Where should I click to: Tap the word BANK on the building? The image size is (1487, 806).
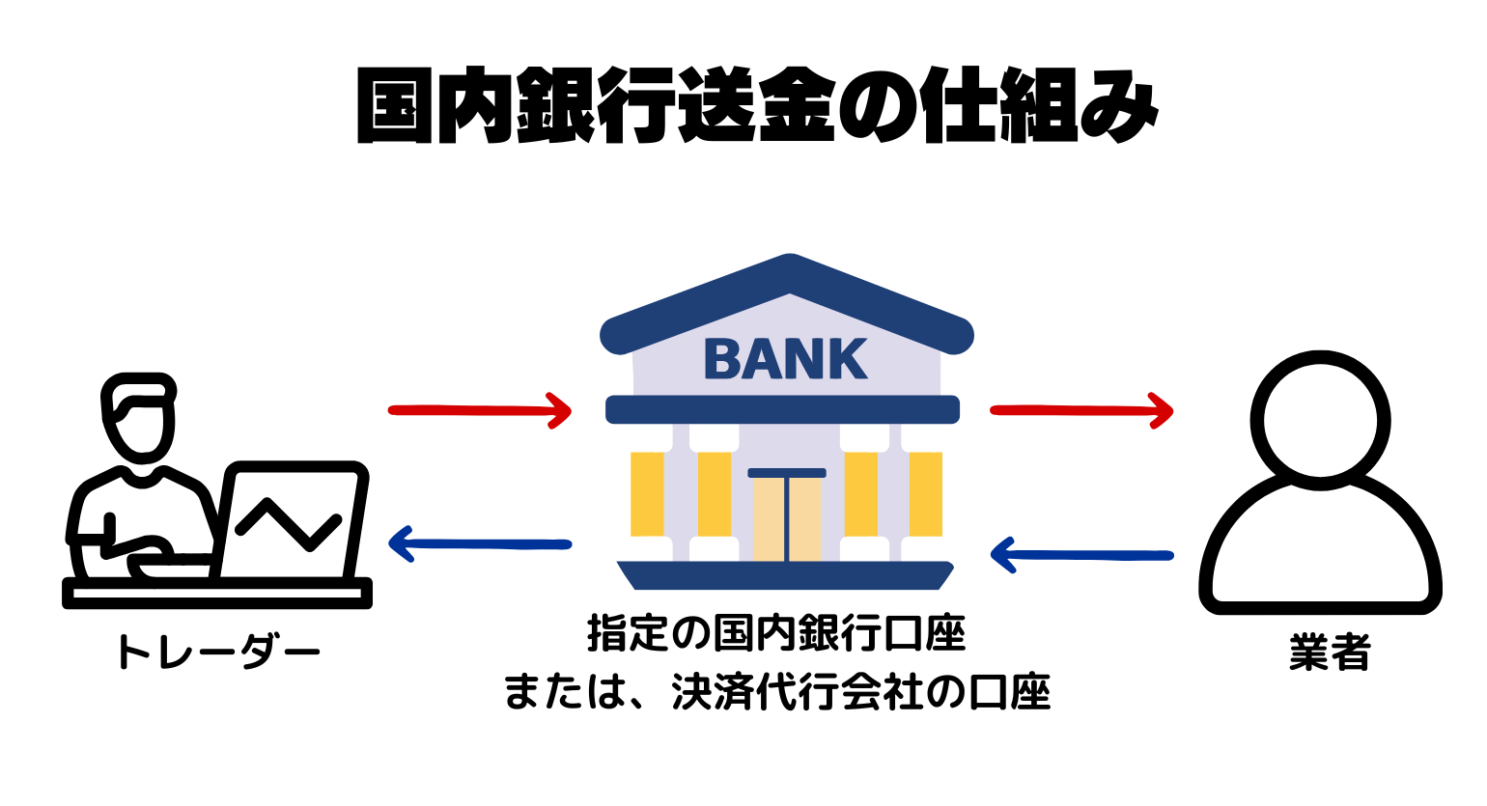pyautogui.click(x=786, y=359)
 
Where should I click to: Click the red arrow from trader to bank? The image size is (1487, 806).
pyautogui.click(x=480, y=410)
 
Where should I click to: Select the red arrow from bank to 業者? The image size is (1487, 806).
pyautogui.click(x=1081, y=410)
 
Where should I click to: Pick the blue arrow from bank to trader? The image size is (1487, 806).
pyautogui.click(x=480, y=544)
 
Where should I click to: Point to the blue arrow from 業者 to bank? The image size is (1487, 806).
pyautogui.click(x=1081, y=555)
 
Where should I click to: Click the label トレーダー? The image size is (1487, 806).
pyautogui.click(x=217, y=653)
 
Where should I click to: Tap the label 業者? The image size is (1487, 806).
pyautogui.click(x=1330, y=653)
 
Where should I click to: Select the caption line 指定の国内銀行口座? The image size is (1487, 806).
pyautogui.click(x=776, y=635)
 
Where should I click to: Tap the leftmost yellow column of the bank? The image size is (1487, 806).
pyautogui.click(x=648, y=493)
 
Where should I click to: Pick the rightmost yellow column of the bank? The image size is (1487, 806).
pyautogui.click(x=925, y=493)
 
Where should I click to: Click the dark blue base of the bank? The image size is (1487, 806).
pyautogui.click(x=785, y=575)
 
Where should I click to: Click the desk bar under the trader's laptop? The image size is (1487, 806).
pyautogui.click(x=217, y=593)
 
